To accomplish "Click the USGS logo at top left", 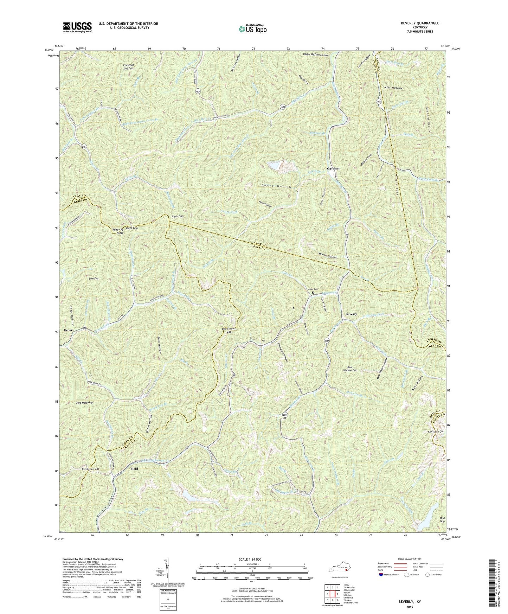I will [77, 27].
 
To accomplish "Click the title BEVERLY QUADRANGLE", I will [420, 23].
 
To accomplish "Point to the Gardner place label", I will [333, 168].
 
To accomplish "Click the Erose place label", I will [68, 331].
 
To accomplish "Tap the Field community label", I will [134, 469].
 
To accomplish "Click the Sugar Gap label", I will [177, 216].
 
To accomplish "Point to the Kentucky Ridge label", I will [118, 231].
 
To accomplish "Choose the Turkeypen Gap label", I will [90, 469].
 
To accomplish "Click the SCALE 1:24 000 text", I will [252, 559].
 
